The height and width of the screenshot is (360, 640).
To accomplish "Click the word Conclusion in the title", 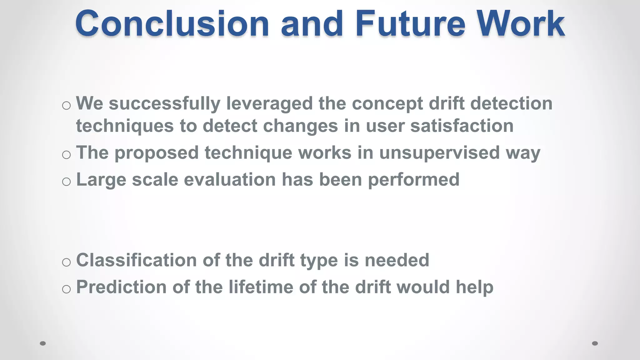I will (172, 24).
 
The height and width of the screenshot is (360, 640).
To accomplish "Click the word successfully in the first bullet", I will (164, 104).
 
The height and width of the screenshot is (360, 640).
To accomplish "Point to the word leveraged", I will (269, 104).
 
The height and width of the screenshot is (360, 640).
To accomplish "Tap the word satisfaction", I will (462, 126).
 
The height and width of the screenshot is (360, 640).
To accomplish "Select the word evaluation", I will (230, 180).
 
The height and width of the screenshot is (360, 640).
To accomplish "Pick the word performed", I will (413, 180).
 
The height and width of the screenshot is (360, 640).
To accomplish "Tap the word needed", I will (397, 260).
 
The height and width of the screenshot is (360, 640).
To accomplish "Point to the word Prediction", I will (121, 287).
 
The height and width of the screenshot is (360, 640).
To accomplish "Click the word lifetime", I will (261, 287).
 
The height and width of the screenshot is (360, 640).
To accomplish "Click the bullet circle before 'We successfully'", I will (66, 106).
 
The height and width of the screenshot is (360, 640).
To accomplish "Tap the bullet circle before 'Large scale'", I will (66, 182).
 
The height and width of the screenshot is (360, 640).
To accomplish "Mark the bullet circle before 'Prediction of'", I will (66, 289).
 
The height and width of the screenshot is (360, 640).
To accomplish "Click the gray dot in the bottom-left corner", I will (43, 343).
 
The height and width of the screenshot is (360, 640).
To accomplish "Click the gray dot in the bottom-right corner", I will (595, 343).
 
